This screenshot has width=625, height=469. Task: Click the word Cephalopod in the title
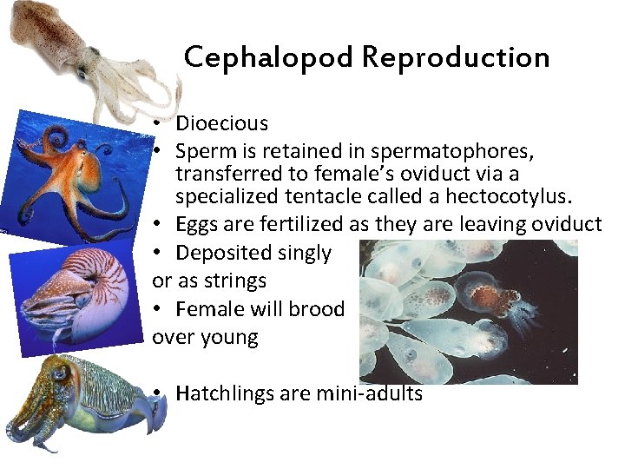pos(268,57)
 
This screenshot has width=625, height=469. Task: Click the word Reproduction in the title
pos(456,57)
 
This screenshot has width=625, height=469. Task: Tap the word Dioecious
pos(221,123)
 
